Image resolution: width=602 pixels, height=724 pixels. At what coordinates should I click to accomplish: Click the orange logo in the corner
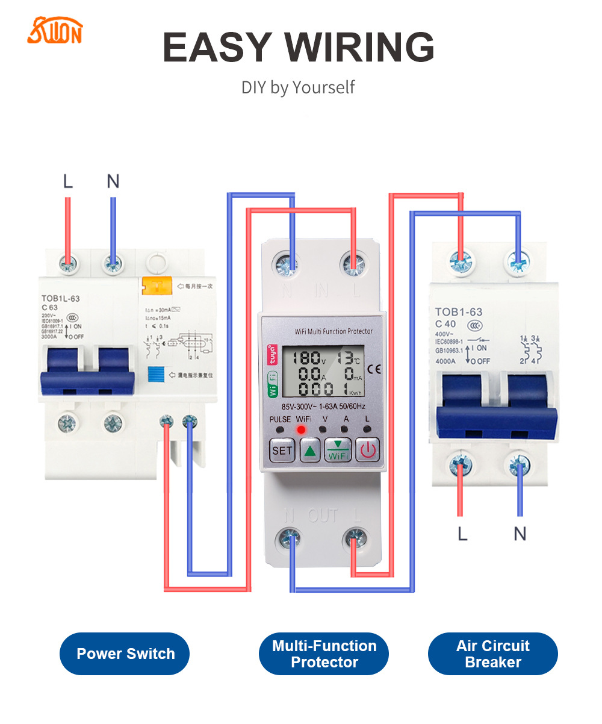(54, 31)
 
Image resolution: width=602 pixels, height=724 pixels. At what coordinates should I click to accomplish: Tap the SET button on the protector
(282, 450)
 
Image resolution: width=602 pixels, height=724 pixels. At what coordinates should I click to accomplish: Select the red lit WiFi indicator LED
(300, 429)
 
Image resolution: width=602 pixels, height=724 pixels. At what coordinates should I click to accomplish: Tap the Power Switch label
(125, 654)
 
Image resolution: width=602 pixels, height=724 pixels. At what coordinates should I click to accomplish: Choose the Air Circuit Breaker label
(492, 654)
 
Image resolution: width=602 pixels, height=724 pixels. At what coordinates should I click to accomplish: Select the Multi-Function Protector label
(324, 654)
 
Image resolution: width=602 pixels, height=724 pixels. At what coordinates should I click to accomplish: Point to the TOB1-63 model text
(458, 312)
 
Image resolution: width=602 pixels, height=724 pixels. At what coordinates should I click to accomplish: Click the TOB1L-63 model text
(60, 298)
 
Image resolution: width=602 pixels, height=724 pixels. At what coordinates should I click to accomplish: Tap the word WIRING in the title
(359, 47)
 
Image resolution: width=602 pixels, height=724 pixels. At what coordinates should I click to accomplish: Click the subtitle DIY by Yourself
(298, 87)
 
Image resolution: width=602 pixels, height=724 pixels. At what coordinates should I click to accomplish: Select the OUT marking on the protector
(323, 516)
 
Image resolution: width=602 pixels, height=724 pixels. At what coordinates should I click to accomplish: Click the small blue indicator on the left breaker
(155, 373)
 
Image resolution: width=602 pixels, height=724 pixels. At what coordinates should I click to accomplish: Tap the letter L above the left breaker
(67, 181)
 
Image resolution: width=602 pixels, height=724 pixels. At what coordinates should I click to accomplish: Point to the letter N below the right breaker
(520, 533)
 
